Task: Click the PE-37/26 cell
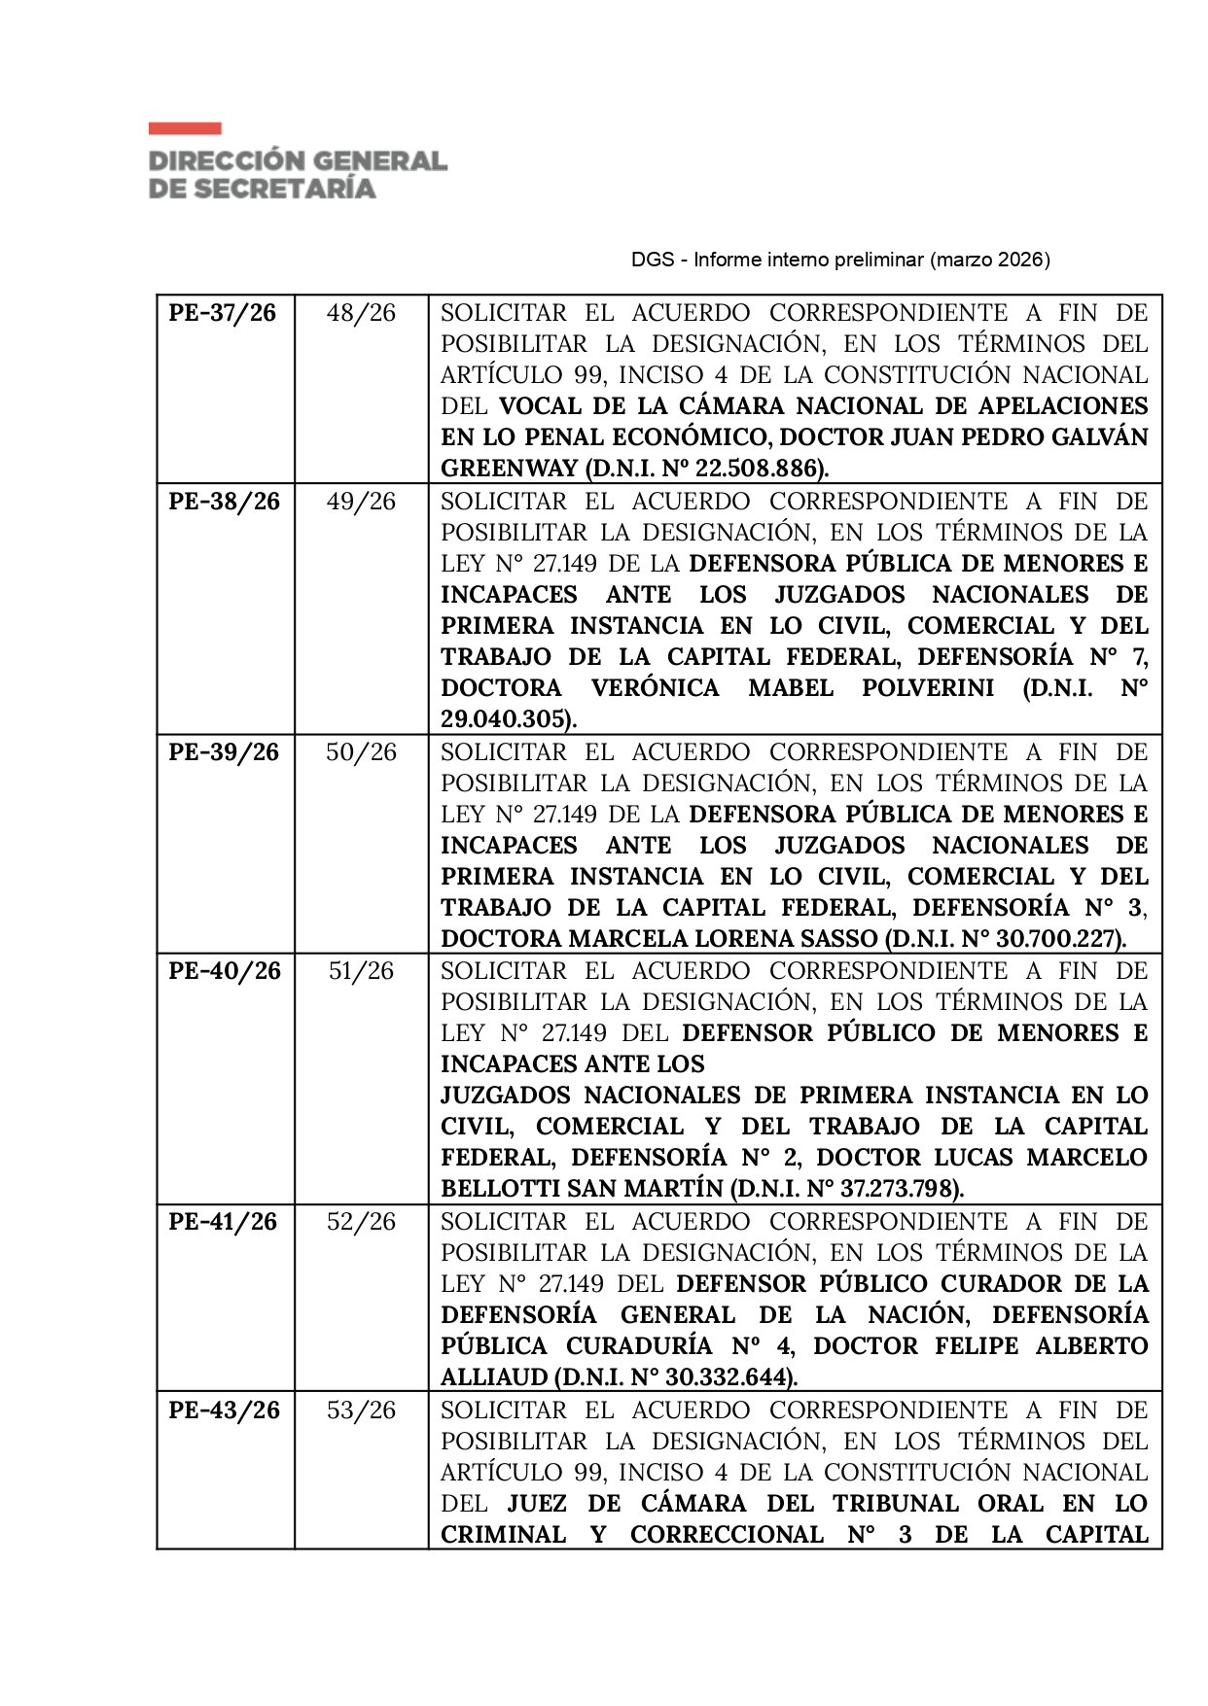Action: tap(223, 313)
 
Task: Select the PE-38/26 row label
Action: tap(224, 502)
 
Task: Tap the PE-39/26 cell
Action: tap(224, 752)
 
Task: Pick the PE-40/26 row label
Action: tap(224, 971)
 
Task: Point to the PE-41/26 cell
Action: tap(223, 1222)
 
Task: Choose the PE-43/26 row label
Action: tap(224, 1410)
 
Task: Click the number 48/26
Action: tap(361, 313)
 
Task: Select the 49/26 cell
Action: tap(361, 502)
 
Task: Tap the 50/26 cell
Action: tap(361, 752)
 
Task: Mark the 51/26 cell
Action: tap(361, 971)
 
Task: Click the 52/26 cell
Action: tap(361, 1222)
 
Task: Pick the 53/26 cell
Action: tap(361, 1410)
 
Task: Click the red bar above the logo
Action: tap(185, 128)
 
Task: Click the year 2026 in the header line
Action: tap(1021, 260)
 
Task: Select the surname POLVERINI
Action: tap(928, 688)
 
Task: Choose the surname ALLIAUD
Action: tap(494, 1377)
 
